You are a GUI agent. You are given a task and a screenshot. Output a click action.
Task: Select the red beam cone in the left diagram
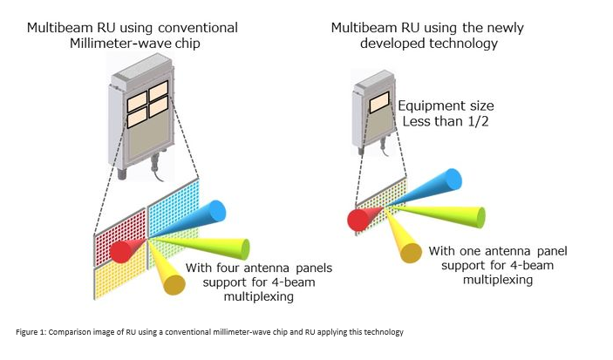(x=124, y=250)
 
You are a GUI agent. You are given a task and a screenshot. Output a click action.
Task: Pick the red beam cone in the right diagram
(x=357, y=220)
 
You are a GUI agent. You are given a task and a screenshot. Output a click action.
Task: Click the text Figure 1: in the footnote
(x=31, y=332)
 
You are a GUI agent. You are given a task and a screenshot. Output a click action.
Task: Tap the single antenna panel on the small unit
(x=378, y=103)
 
